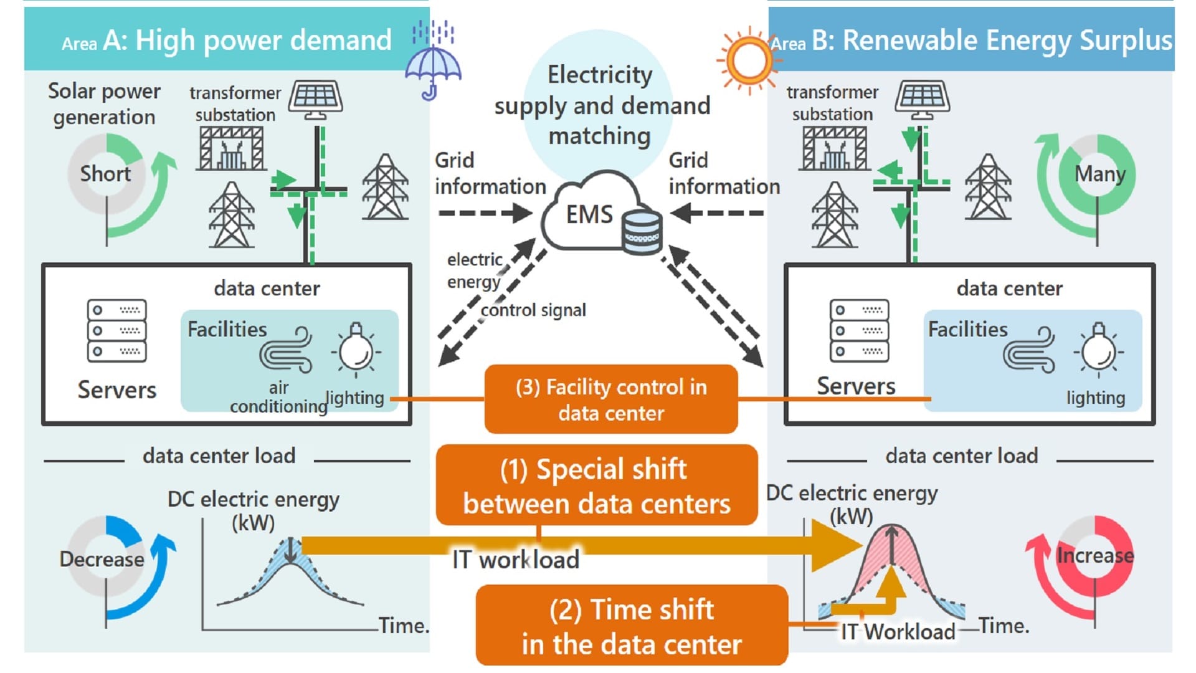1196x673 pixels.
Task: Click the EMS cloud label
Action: click(589, 214)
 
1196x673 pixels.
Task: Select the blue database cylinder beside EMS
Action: click(642, 232)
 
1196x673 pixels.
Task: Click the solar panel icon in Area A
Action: click(317, 98)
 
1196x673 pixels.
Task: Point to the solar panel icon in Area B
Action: click(923, 98)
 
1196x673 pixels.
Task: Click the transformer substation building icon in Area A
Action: click(230, 148)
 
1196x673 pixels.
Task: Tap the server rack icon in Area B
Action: click(859, 330)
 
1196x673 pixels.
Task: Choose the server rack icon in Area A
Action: click(116, 330)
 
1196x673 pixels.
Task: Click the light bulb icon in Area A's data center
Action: click(356, 349)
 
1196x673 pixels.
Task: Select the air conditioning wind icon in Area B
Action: click(1029, 350)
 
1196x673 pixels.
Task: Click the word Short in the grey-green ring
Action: click(105, 174)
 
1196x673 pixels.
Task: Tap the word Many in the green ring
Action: click(1100, 174)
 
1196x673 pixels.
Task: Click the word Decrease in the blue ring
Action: click(102, 559)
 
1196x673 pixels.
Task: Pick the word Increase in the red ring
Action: click(1095, 555)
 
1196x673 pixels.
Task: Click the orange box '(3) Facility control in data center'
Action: click(611, 399)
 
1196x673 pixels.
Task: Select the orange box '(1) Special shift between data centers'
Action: click(597, 485)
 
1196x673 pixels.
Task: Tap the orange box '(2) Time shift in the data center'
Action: click(632, 626)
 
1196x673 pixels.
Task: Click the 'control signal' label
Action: click(533, 310)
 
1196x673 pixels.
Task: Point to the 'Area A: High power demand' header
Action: click(227, 41)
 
